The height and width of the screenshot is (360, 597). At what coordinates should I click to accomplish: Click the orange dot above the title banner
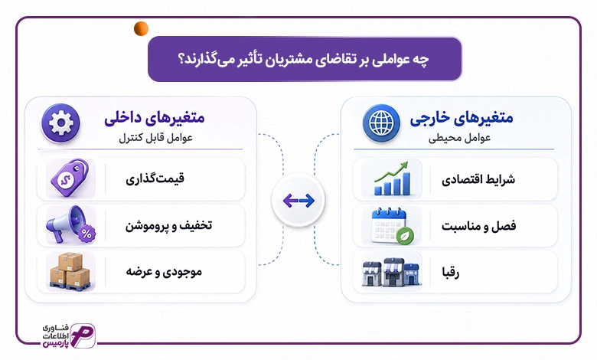[x=141, y=29]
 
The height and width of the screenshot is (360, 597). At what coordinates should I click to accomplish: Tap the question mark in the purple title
[x=181, y=60]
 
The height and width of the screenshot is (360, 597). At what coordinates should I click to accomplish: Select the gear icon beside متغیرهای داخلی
[x=61, y=123]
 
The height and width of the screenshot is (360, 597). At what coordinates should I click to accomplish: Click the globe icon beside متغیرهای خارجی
[x=381, y=123]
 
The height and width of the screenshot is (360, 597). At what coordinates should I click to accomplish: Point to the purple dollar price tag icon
[x=70, y=178]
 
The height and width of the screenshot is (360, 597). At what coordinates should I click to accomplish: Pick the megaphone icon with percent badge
[x=70, y=224]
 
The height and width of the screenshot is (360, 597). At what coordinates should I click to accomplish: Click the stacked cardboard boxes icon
[x=70, y=272]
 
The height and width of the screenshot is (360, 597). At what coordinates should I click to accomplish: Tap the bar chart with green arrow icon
[x=392, y=178]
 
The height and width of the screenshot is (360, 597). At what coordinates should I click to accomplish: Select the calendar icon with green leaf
[x=392, y=225]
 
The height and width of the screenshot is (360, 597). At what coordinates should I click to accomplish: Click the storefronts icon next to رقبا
[x=392, y=272]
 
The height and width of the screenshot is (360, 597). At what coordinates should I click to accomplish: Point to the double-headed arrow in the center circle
[x=298, y=201]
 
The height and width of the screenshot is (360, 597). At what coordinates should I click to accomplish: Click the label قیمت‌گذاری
[x=155, y=178]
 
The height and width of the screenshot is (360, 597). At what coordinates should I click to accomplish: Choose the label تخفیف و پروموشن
[x=168, y=225]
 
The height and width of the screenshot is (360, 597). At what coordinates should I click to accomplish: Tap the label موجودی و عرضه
[x=164, y=272]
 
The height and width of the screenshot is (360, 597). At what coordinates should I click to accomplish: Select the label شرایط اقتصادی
[x=478, y=179]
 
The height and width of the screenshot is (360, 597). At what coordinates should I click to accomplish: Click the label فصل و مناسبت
[x=478, y=226]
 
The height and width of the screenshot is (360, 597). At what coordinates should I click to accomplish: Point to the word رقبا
[x=450, y=273]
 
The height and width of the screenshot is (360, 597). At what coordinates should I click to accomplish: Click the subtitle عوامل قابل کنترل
[x=155, y=138]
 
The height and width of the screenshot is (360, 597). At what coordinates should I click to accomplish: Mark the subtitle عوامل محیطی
[x=459, y=138]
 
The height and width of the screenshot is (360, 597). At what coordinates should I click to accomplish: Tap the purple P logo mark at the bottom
[x=83, y=335]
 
